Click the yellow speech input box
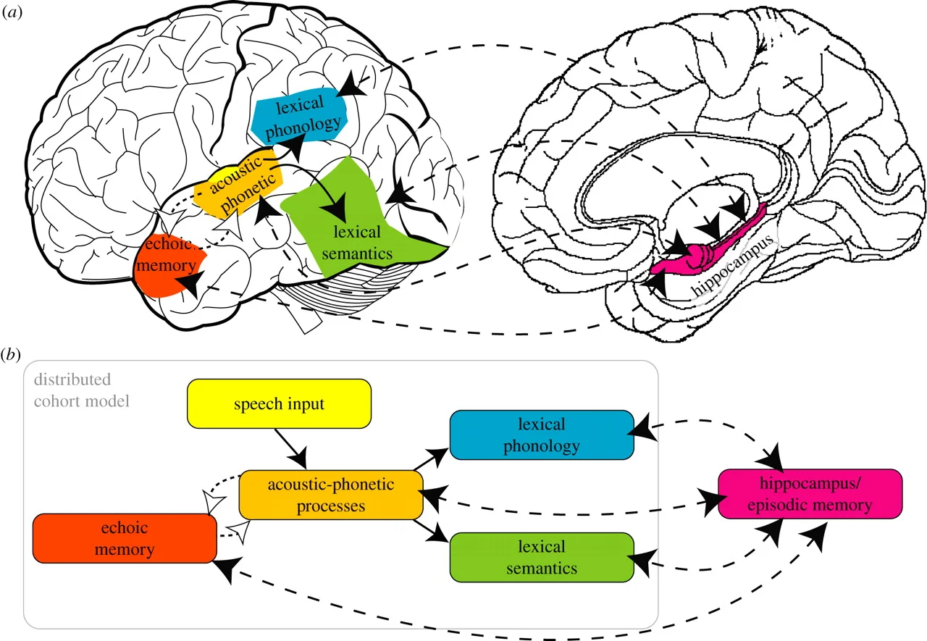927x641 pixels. click(x=280, y=404)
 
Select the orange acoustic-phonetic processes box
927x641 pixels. click(x=331, y=495)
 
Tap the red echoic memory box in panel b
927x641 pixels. click(x=125, y=537)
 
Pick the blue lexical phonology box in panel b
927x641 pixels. click(x=542, y=435)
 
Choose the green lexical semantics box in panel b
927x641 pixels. click(x=542, y=556)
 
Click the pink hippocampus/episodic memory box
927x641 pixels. click(x=810, y=493)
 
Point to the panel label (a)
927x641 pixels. click(x=14, y=14)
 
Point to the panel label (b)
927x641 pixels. click(x=14, y=353)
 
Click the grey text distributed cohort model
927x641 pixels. click(x=72, y=390)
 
